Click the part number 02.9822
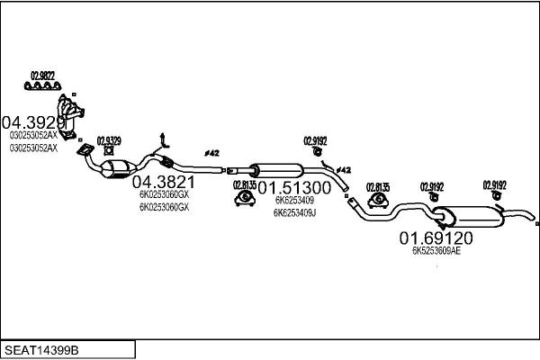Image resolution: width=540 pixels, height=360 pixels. [42, 75]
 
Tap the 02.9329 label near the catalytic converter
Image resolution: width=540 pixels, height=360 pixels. [108, 140]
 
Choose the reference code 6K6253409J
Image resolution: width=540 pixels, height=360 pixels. [294, 212]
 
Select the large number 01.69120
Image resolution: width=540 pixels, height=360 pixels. [436, 238]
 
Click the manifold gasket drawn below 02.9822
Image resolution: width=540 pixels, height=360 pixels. [42, 87]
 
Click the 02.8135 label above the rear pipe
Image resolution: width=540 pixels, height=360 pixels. [377, 187]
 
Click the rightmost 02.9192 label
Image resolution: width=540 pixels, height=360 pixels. [494, 184]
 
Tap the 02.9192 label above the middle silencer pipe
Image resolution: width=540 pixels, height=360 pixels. [315, 140]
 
